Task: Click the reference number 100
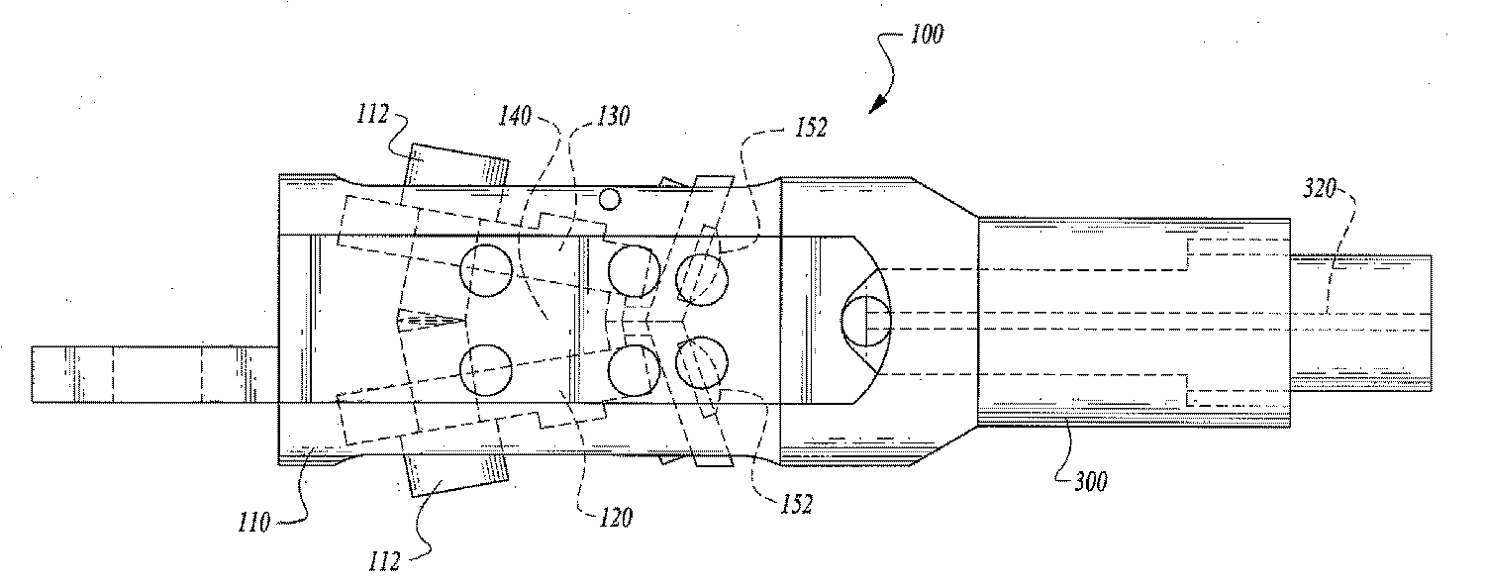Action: click(x=924, y=35)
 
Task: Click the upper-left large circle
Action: click(x=487, y=270)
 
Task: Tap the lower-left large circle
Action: click(x=487, y=369)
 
